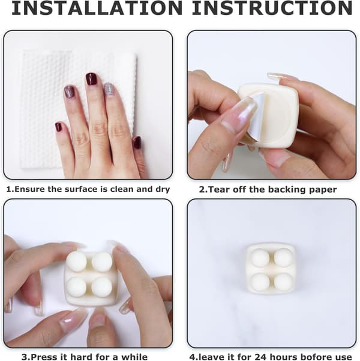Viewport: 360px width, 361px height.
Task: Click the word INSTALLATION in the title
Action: tap(97, 8)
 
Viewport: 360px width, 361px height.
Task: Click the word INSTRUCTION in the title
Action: tap(272, 8)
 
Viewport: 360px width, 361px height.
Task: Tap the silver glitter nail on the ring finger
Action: tap(108, 89)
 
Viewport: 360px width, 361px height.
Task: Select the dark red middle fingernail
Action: tap(91, 79)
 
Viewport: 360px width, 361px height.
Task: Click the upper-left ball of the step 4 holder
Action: tap(260, 258)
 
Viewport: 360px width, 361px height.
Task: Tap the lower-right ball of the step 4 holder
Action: tap(283, 282)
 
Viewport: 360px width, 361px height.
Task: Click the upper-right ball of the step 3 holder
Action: tap(102, 261)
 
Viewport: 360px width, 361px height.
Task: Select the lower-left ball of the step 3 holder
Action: tap(76, 287)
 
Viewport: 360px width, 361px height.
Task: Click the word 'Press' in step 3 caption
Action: tap(44, 357)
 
